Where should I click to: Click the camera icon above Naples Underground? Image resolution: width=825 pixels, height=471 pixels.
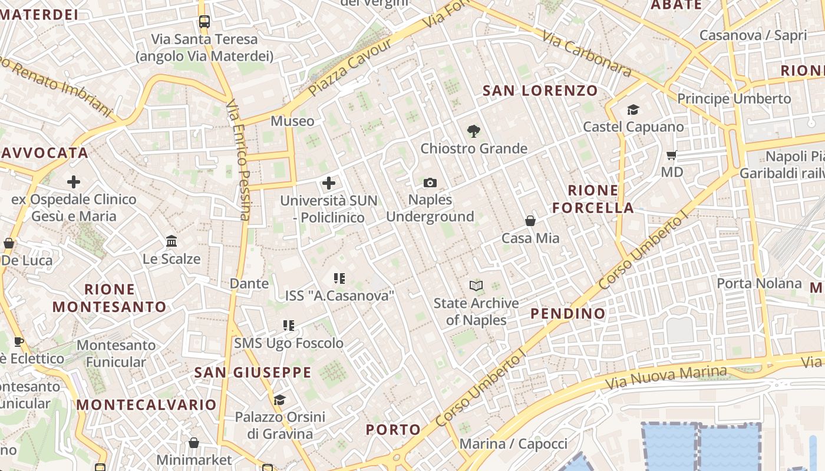[430, 183]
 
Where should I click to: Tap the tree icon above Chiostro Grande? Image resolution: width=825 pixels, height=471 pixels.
[473, 131]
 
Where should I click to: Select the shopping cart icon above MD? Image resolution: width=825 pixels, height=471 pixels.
[671, 155]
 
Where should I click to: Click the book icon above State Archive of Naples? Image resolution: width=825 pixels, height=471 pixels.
[476, 286]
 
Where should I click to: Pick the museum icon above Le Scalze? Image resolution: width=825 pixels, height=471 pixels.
[171, 241]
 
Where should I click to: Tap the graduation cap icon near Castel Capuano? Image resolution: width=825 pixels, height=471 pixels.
[633, 110]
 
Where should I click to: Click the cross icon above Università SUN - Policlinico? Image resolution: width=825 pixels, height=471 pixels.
[329, 183]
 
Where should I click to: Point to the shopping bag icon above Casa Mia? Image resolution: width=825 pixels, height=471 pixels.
[530, 221]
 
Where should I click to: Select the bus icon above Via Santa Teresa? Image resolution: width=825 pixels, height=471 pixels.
[204, 22]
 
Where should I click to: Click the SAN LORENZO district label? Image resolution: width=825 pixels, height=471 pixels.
[540, 91]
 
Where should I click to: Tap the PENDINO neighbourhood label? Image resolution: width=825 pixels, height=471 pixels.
[568, 313]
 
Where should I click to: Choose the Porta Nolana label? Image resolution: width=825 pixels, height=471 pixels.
[759, 283]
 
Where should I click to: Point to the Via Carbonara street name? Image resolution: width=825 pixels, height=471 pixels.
[586, 54]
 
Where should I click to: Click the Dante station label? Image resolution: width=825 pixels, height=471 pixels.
[249, 283]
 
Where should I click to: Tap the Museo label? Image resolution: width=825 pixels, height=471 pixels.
[292, 121]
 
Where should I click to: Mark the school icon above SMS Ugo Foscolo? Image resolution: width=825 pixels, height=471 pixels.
[289, 326]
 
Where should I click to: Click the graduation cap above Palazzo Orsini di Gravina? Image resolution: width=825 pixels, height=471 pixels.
[279, 400]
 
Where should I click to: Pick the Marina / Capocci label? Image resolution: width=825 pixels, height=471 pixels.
[513, 443]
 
